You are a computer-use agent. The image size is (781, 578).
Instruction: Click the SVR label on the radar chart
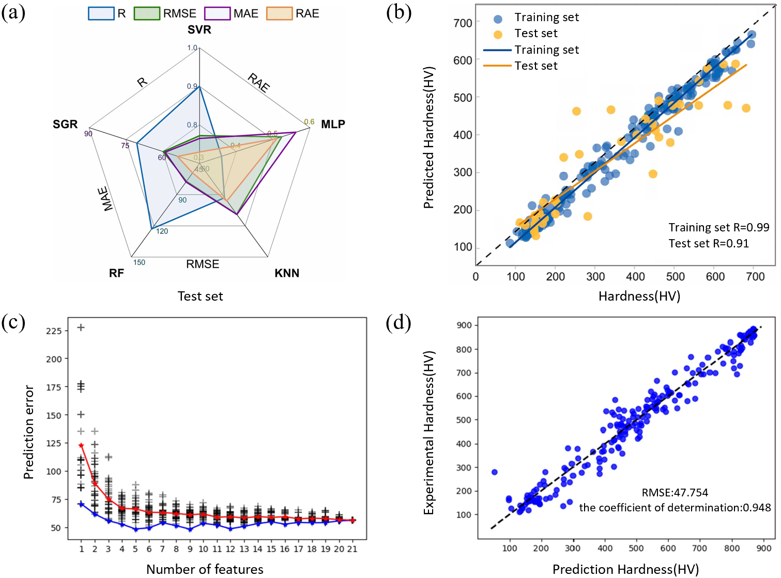(x=199, y=30)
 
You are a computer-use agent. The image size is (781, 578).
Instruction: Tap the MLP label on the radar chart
(x=333, y=124)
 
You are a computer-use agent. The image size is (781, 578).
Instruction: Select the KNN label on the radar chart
(x=287, y=273)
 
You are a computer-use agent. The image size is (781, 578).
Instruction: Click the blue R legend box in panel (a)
(x=101, y=13)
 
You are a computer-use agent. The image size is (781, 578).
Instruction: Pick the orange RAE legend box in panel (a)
(x=279, y=13)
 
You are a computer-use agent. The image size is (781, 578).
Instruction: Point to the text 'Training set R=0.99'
(x=718, y=227)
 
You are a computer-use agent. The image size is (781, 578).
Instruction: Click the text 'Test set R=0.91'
(x=709, y=243)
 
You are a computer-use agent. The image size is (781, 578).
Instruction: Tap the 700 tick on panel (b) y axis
(x=463, y=23)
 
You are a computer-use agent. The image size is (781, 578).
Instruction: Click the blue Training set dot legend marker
(x=498, y=19)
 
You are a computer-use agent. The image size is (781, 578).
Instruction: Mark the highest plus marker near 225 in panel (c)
(x=81, y=327)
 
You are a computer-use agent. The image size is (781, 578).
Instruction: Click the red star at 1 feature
(x=81, y=445)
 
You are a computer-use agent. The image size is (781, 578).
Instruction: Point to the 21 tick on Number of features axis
(x=352, y=549)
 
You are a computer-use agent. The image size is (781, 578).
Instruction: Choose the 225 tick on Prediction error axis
(x=54, y=331)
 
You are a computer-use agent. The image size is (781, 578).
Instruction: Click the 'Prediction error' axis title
(x=29, y=432)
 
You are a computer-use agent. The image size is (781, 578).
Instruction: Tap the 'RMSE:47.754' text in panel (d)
(x=675, y=493)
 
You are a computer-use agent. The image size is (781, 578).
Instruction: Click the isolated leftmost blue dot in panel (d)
(x=494, y=472)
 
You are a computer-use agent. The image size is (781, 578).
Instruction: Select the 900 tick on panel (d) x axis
(x=763, y=548)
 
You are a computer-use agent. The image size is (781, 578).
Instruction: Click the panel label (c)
(x=13, y=323)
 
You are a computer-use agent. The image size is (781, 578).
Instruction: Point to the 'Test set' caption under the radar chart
(x=200, y=296)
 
